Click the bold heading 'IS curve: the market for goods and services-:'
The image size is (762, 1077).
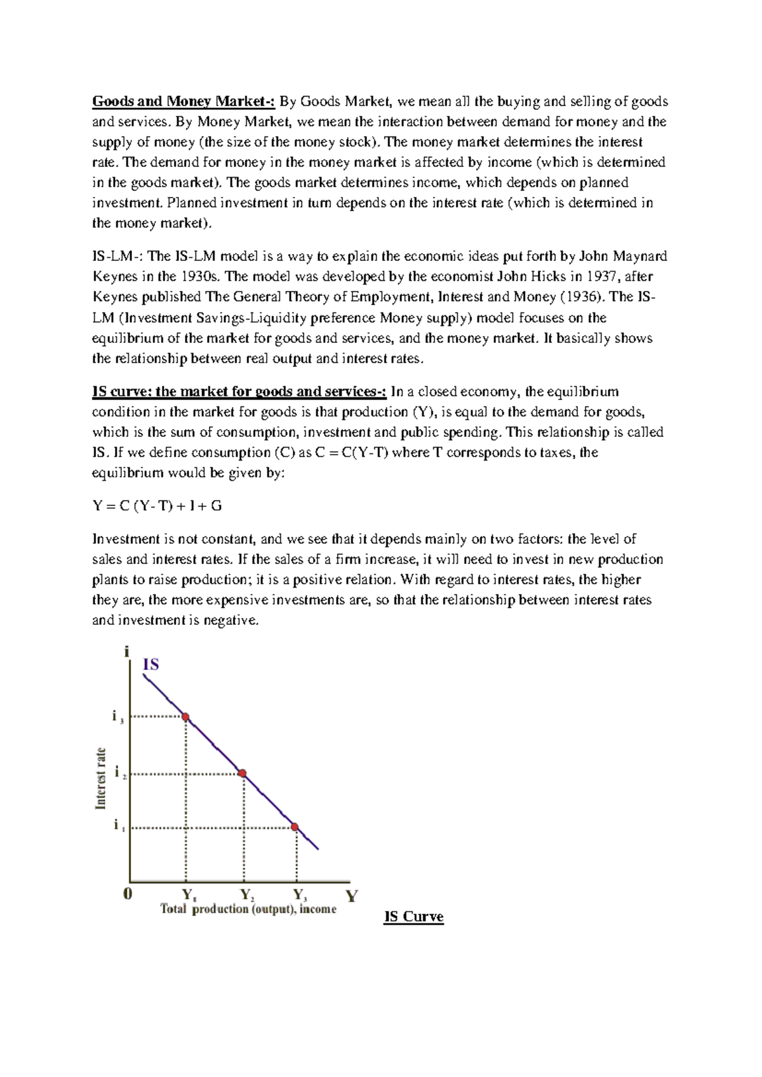tap(239, 391)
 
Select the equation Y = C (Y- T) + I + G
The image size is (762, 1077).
tap(157, 506)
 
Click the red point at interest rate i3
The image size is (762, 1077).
tap(185, 717)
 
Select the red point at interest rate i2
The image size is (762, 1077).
tap(242, 773)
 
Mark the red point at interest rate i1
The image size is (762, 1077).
tap(295, 827)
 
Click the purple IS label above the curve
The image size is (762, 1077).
tap(150, 665)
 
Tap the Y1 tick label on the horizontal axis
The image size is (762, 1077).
tap(189, 895)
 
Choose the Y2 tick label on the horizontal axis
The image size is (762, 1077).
tap(247, 895)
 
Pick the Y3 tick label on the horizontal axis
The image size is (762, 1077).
tap(300, 895)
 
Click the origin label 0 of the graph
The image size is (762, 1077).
tap(128, 894)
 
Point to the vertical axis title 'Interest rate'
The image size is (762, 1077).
tap(100, 779)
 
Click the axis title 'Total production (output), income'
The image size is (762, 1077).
tap(248, 909)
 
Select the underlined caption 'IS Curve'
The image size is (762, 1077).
tap(413, 917)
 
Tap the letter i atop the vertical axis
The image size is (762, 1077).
tap(127, 652)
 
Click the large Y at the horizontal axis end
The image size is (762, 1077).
tap(351, 896)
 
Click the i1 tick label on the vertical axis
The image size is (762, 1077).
tap(118, 826)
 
